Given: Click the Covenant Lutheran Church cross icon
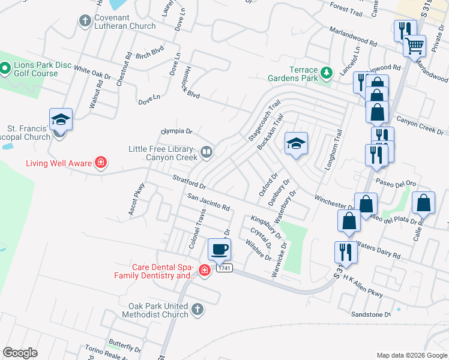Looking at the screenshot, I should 85,21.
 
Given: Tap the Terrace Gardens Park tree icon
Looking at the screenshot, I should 327,73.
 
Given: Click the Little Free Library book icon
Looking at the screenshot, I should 206,152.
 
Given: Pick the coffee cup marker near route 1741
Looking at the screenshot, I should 219,249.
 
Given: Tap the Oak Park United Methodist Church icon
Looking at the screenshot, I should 197,310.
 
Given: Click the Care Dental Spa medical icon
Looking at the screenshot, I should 204,271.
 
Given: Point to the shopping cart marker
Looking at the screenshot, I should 414,45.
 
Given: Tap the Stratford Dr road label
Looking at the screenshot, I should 189,181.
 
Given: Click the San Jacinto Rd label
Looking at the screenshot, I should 208,202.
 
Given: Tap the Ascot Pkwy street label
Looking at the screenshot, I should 136,199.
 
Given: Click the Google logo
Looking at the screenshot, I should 20,353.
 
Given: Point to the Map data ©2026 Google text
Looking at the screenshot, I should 411,355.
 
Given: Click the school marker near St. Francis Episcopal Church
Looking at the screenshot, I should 61,119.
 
